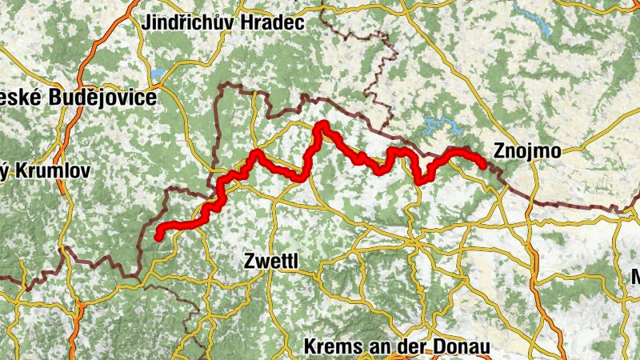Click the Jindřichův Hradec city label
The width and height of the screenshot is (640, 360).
pyautogui.click(x=222, y=23)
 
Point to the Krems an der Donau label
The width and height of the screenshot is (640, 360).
pyautogui.click(x=397, y=347)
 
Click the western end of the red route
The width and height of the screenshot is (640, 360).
pyautogui.click(x=159, y=235)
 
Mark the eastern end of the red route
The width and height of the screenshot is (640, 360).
pyautogui.click(x=483, y=165)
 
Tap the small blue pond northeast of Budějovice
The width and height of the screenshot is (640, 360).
pyautogui.click(x=157, y=74)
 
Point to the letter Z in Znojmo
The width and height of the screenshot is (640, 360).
pyautogui.click(x=500, y=150)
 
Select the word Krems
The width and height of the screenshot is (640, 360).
pyautogui.click(x=328, y=347)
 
